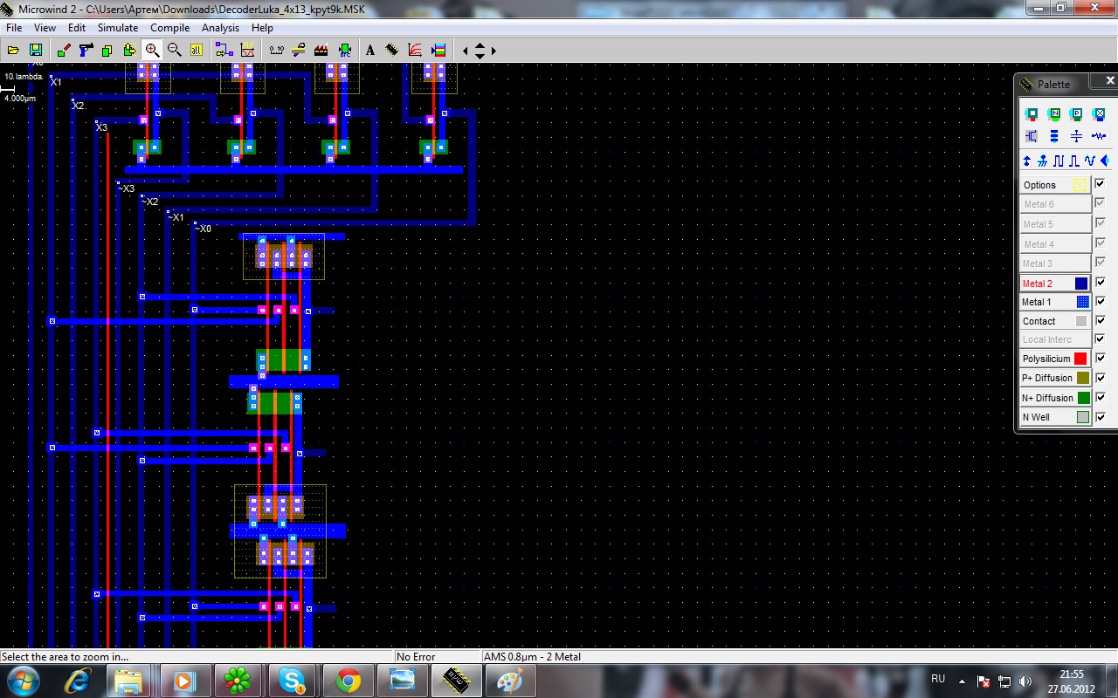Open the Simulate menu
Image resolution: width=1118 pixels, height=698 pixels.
(118, 28)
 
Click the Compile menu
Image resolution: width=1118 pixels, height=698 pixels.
(169, 28)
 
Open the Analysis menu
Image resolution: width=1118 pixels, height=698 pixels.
(220, 28)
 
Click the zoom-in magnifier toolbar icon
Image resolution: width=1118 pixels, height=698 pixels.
(152, 50)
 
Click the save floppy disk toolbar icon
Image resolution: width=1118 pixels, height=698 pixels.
(36, 50)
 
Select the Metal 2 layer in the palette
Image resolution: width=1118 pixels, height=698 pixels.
(1054, 284)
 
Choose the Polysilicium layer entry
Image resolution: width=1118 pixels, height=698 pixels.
(1054, 359)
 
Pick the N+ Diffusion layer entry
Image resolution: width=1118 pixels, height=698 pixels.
(1054, 398)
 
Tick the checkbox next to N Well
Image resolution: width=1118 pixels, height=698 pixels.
(1100, 417)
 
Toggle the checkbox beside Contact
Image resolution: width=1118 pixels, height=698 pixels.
(1100, 320)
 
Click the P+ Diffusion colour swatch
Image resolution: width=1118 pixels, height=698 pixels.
(1082, 378)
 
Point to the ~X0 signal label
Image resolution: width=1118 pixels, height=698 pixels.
(203, 229)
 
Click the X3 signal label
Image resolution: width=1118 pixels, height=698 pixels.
(101, 127)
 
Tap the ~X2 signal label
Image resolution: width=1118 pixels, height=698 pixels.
(149, 202)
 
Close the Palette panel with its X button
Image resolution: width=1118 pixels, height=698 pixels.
(1110, 80)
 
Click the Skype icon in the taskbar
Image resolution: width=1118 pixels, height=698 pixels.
(292, 681)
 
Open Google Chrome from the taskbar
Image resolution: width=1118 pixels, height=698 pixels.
(348, 681)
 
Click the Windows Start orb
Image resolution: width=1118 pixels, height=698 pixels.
(24, 681)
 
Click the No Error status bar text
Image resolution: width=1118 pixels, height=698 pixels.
(416, 657)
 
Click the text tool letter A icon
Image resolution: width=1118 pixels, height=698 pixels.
(369, 51)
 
